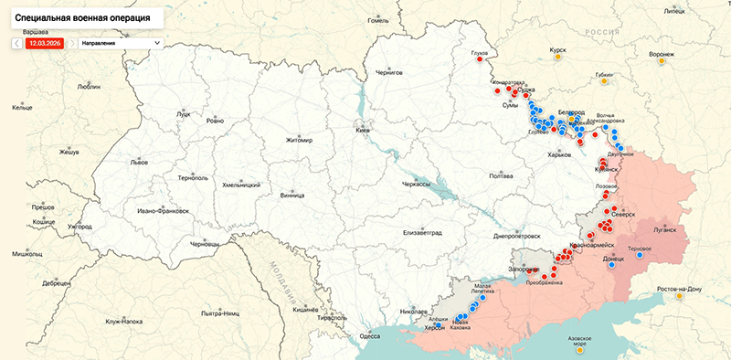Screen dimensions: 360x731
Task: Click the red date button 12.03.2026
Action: (x=44, y=42)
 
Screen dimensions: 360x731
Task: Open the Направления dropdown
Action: (x=120, y=42)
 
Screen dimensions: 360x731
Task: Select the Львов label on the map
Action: (x=139, y=161)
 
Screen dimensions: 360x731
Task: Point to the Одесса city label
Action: (x=369, y=335)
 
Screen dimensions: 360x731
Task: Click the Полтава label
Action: (x=502, y=175)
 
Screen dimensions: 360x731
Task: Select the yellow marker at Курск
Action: (x=557, y=58)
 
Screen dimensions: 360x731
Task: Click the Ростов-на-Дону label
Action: (x=679, y=290)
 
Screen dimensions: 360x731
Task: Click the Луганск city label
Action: (x=664, y=230)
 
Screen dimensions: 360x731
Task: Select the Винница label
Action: (x=292, y=195)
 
